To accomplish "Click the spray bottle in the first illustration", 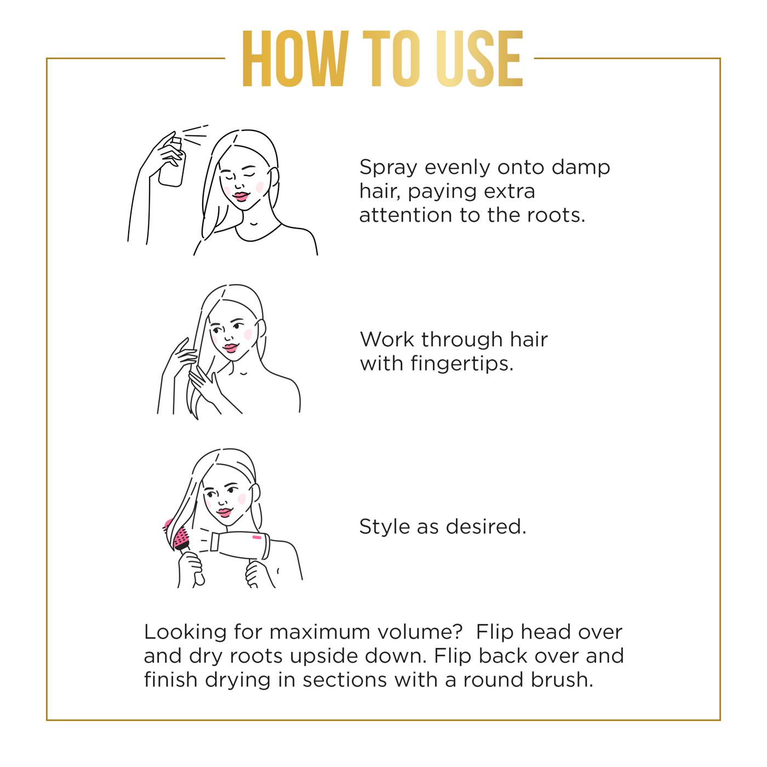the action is (x=173, y=161).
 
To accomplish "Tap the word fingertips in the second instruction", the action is (x=462, y=364).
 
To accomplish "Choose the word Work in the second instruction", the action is (x=387, y=340).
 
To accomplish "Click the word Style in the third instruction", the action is (x=385, y=527).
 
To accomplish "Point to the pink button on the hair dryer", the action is (x=257, y=537).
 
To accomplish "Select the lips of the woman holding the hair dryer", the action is (x=225, y=512).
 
